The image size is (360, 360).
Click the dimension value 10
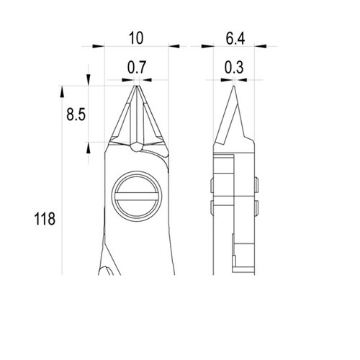136,38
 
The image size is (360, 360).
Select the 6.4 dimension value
235,39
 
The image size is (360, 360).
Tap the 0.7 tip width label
137,68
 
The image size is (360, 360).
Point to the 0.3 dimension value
234,67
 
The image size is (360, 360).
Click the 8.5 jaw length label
76,114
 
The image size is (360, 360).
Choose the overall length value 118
45,219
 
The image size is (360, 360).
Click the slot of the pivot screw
137,196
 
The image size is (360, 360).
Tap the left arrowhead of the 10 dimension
99,46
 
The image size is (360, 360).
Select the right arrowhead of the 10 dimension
174,46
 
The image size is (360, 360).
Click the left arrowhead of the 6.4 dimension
207,46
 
